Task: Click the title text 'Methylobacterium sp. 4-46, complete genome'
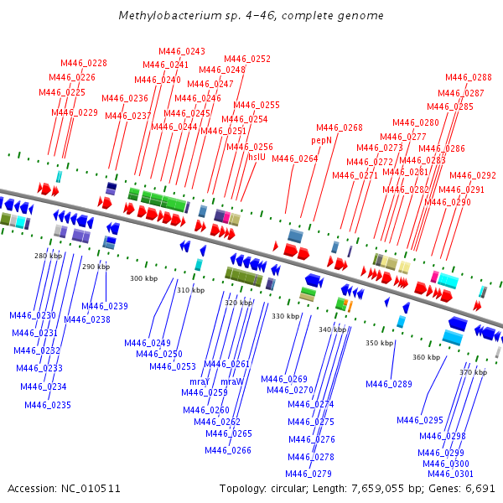point(251,15)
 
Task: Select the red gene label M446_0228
point(84,63)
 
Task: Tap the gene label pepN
point(323,140)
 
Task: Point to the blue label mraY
point(199,381)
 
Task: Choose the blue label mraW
point(232,381)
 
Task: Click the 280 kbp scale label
point(48,256)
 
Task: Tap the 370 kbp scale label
point(474,371)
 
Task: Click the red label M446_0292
point(473,176)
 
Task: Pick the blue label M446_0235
point(48,405)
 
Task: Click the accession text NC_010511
point(65,488)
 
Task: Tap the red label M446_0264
point(295,158)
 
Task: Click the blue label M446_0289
point(389,384)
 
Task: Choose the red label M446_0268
point(340,127)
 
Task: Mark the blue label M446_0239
point(105,306)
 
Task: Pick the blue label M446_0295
point(420,420)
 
